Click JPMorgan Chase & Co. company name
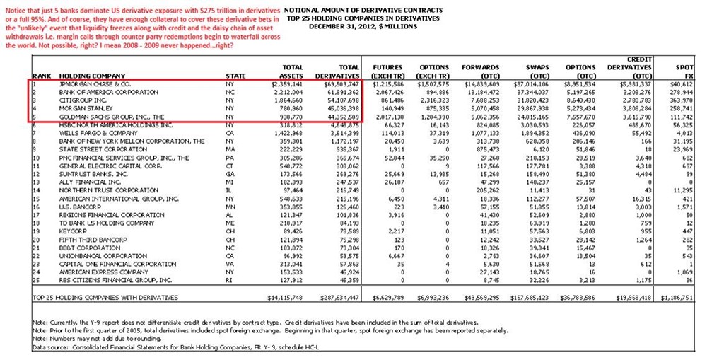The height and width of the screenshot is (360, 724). [x=95, y=83]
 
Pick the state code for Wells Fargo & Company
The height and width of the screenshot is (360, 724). [x=230, y=132]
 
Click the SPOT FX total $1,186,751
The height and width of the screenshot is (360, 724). [x=694, y=297]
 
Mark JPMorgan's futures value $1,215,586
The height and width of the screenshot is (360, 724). [x=387, y=83]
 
